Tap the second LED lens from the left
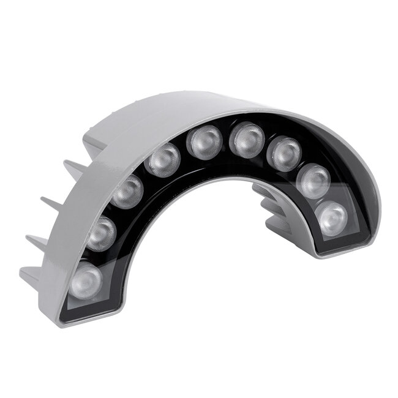pos(102,233)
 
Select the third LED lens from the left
pos(128,191)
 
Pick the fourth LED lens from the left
pos(163,161)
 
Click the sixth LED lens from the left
pos(247,140)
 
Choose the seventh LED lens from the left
pos(285,153)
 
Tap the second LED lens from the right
pos(315,181)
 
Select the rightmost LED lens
pos(332,216)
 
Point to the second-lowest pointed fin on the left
pos(37,236)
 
